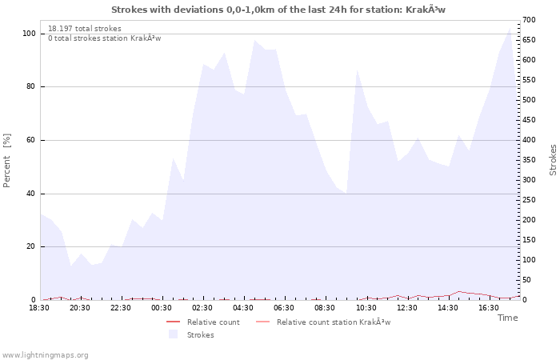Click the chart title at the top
click(x=278, y=10)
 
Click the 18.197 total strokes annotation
click(x=84, y=29)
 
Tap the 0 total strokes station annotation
click(x=104, y=38)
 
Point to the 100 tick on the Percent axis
click(x=29, y=34)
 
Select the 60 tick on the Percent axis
click(x=31, y=140)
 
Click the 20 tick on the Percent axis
click(x=31, y=246)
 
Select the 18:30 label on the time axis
click(x=40, y=308)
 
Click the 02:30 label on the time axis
click(x=203, y=308)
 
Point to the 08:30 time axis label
click(x=326, y=308)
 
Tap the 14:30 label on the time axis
click(x=448, y=308)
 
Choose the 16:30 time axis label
click(x=489, y=308)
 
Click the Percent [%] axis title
click(x=7, y=160)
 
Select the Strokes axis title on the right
click(x=553, y=160)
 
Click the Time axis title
click(x=507, y=318)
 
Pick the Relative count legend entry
click(x=213, y=322)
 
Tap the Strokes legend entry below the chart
click(x=200, y=335)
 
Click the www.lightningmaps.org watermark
click(x=45, y=354)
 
